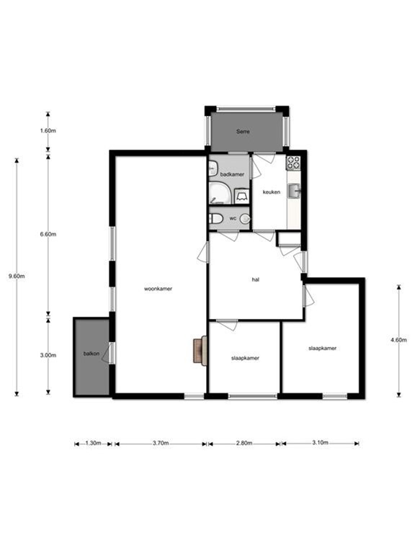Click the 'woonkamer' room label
click(158, 289)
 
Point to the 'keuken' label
click(271, 192)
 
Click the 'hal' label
click(255, 279)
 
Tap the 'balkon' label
click(91, 354)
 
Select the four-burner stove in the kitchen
click(293, 163)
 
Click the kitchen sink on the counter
click(293, 191)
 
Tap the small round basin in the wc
click(244, 219)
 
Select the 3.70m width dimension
click(160, 444)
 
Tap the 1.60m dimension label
click(48, 131)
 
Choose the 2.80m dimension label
click(244, 444)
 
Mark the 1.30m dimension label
click(94, 444)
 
